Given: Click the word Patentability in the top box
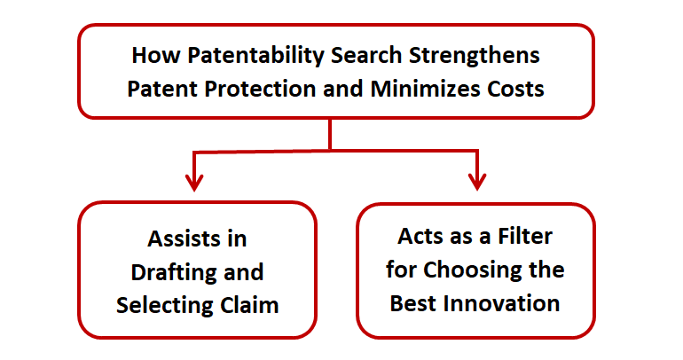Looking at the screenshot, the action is pos(256,56).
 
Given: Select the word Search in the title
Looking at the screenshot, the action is pos(366,55).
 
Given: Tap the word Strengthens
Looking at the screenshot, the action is pos(475,56).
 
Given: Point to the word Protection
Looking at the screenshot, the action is pos(261,89).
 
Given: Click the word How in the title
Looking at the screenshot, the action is pos(156,56).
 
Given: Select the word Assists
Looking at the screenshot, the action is pos(178,239).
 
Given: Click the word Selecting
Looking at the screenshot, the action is pos(165,306).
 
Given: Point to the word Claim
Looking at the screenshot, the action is pos(249,305).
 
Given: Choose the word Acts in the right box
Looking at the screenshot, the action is pos(420,237).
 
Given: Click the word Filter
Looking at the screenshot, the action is pos(525,237).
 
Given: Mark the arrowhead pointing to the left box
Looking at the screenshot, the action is pos(194,183).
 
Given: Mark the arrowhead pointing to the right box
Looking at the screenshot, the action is pos(477,182).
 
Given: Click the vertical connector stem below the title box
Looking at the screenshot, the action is pos(330,134).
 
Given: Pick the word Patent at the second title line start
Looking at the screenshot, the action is pos(163,89).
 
